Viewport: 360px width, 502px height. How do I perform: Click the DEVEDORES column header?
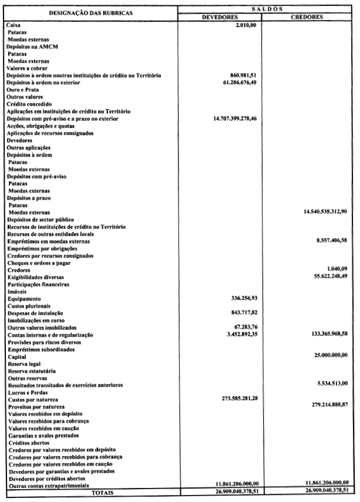(x=220, y=18)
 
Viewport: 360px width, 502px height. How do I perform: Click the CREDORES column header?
(x=307, y=18)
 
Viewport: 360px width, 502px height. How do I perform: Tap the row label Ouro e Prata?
(x=22, y=90)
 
